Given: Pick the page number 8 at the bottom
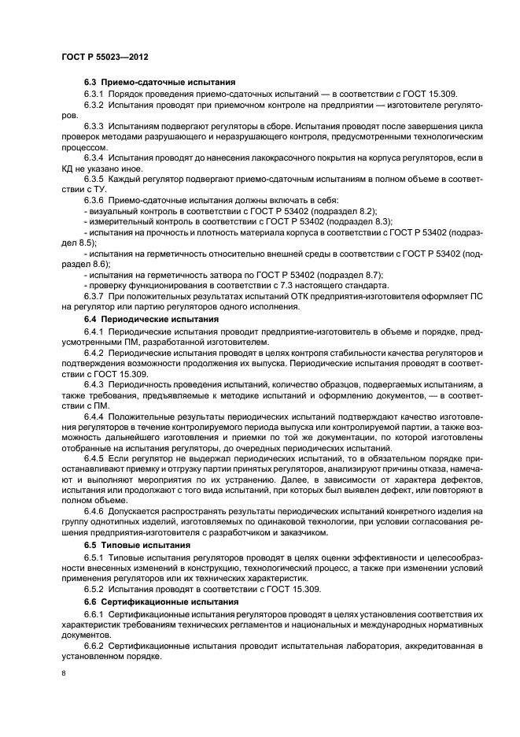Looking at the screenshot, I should (x=63, y=674).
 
